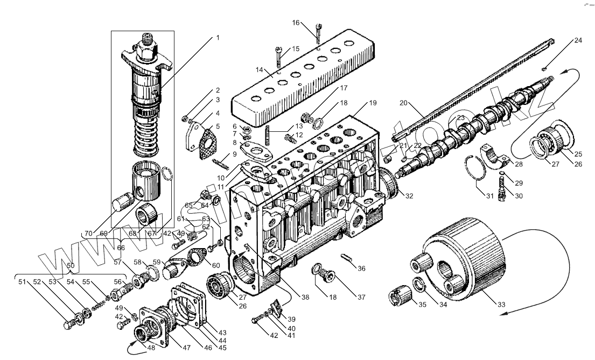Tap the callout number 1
[x=218, y=38]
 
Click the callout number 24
[x=577, y=40]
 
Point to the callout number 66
[x=121, y=248]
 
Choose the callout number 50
[x=69, y=266]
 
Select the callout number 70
[x=88, y=233]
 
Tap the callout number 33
[x=501, y=305]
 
